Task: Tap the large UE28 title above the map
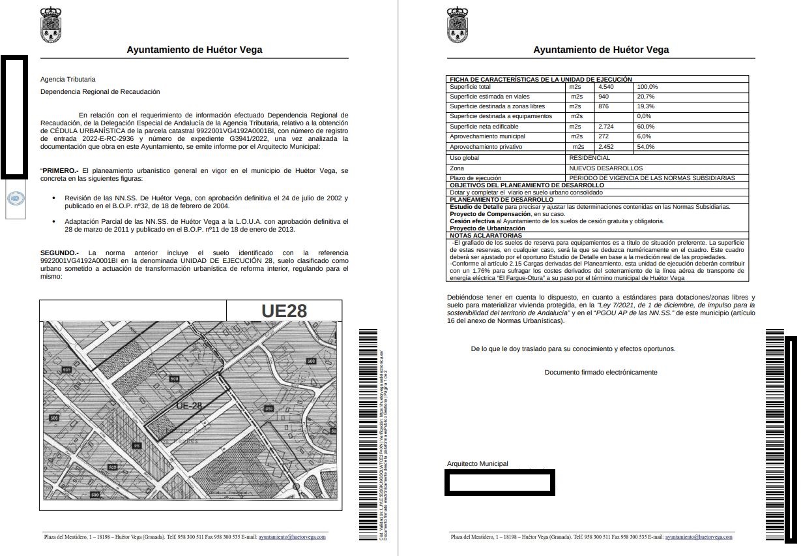[284, 311]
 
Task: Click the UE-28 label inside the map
[189, 405]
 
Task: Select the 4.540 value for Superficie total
[607, 87]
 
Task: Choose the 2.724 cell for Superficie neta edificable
[606, 126]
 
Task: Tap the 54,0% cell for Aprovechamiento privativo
[647, 147]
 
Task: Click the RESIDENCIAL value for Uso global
[589, 158]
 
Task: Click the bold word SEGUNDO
[59, 253]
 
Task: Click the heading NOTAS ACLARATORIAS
[486, 236]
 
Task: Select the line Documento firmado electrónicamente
[601, 373]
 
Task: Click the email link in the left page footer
[292, 537]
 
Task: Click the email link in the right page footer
[699, 537]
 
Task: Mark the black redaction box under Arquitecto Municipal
[500, 482]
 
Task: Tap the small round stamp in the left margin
[15, 198]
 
